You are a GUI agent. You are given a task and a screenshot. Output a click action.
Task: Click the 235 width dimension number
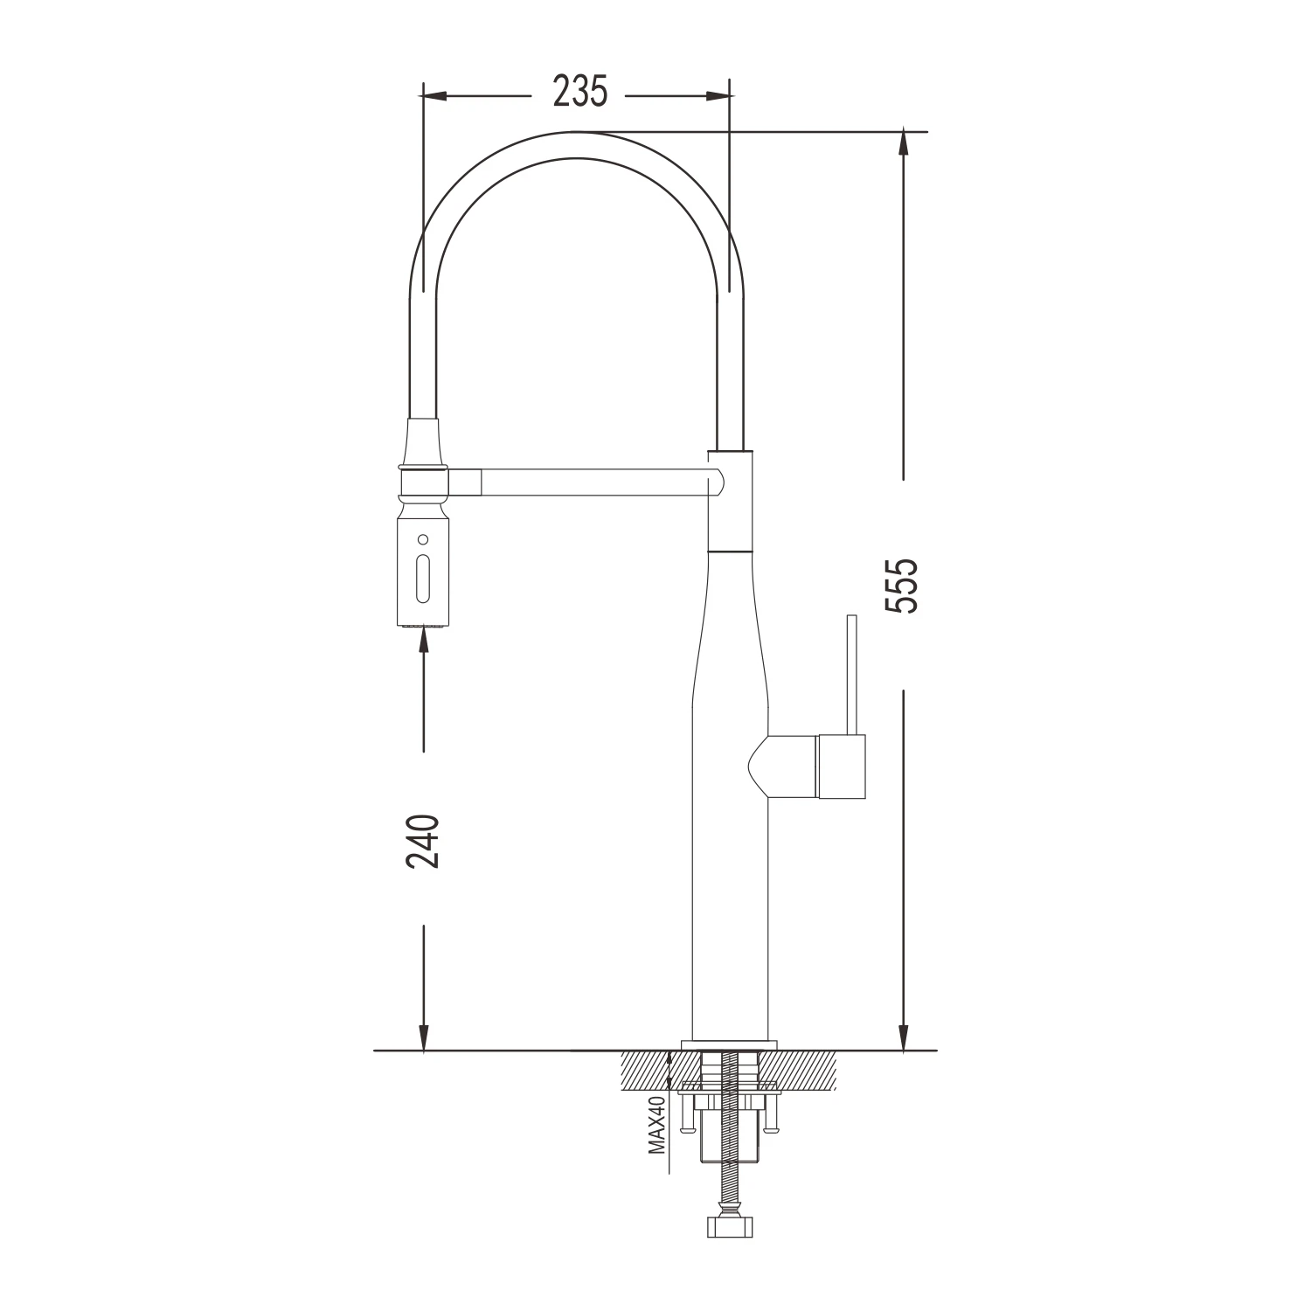580,93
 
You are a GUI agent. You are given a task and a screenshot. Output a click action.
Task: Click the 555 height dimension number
901,586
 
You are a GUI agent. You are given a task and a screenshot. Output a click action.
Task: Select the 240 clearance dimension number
423,840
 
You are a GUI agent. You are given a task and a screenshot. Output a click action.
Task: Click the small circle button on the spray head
424,538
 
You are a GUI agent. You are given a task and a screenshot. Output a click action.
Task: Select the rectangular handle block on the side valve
841,766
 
